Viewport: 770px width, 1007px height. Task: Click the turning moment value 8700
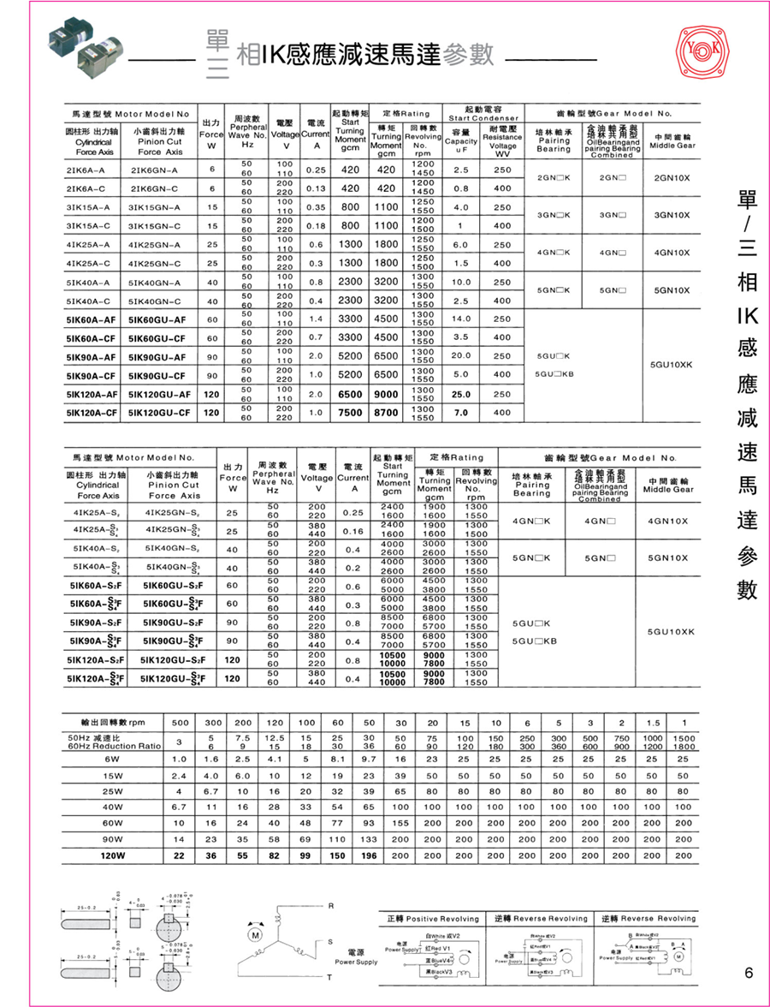(x=387, y=412)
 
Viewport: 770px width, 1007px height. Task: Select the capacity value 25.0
(x=462, y=394)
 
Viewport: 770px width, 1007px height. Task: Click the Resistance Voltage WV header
(x=502, y=146)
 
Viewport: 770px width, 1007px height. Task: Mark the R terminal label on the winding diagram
(x=330, y=905)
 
